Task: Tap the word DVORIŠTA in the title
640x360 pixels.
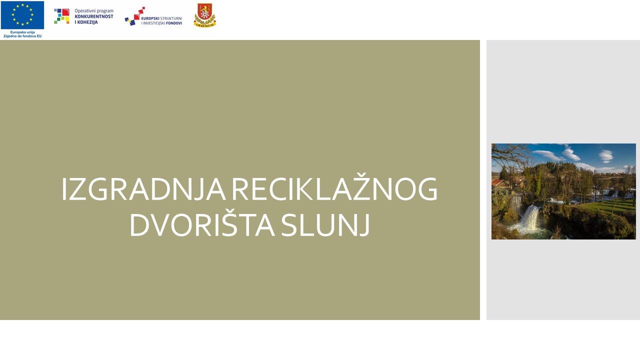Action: [201, 225]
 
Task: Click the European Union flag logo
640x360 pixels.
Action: [22, 15]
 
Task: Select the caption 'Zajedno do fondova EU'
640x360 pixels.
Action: [22, 36]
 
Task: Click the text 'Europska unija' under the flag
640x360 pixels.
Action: [22, 32]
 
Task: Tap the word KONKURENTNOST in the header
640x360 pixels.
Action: [94, 16]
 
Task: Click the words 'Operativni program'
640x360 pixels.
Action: [94, 11]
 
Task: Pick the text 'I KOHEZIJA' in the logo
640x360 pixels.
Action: [86, 22]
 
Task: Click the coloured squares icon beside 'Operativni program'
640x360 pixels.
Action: [62, 16]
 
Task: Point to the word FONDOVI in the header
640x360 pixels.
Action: [172, 23]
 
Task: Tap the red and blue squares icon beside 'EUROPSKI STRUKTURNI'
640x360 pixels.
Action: [134, 16]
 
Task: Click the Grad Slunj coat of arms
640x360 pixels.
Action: [204, 15]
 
